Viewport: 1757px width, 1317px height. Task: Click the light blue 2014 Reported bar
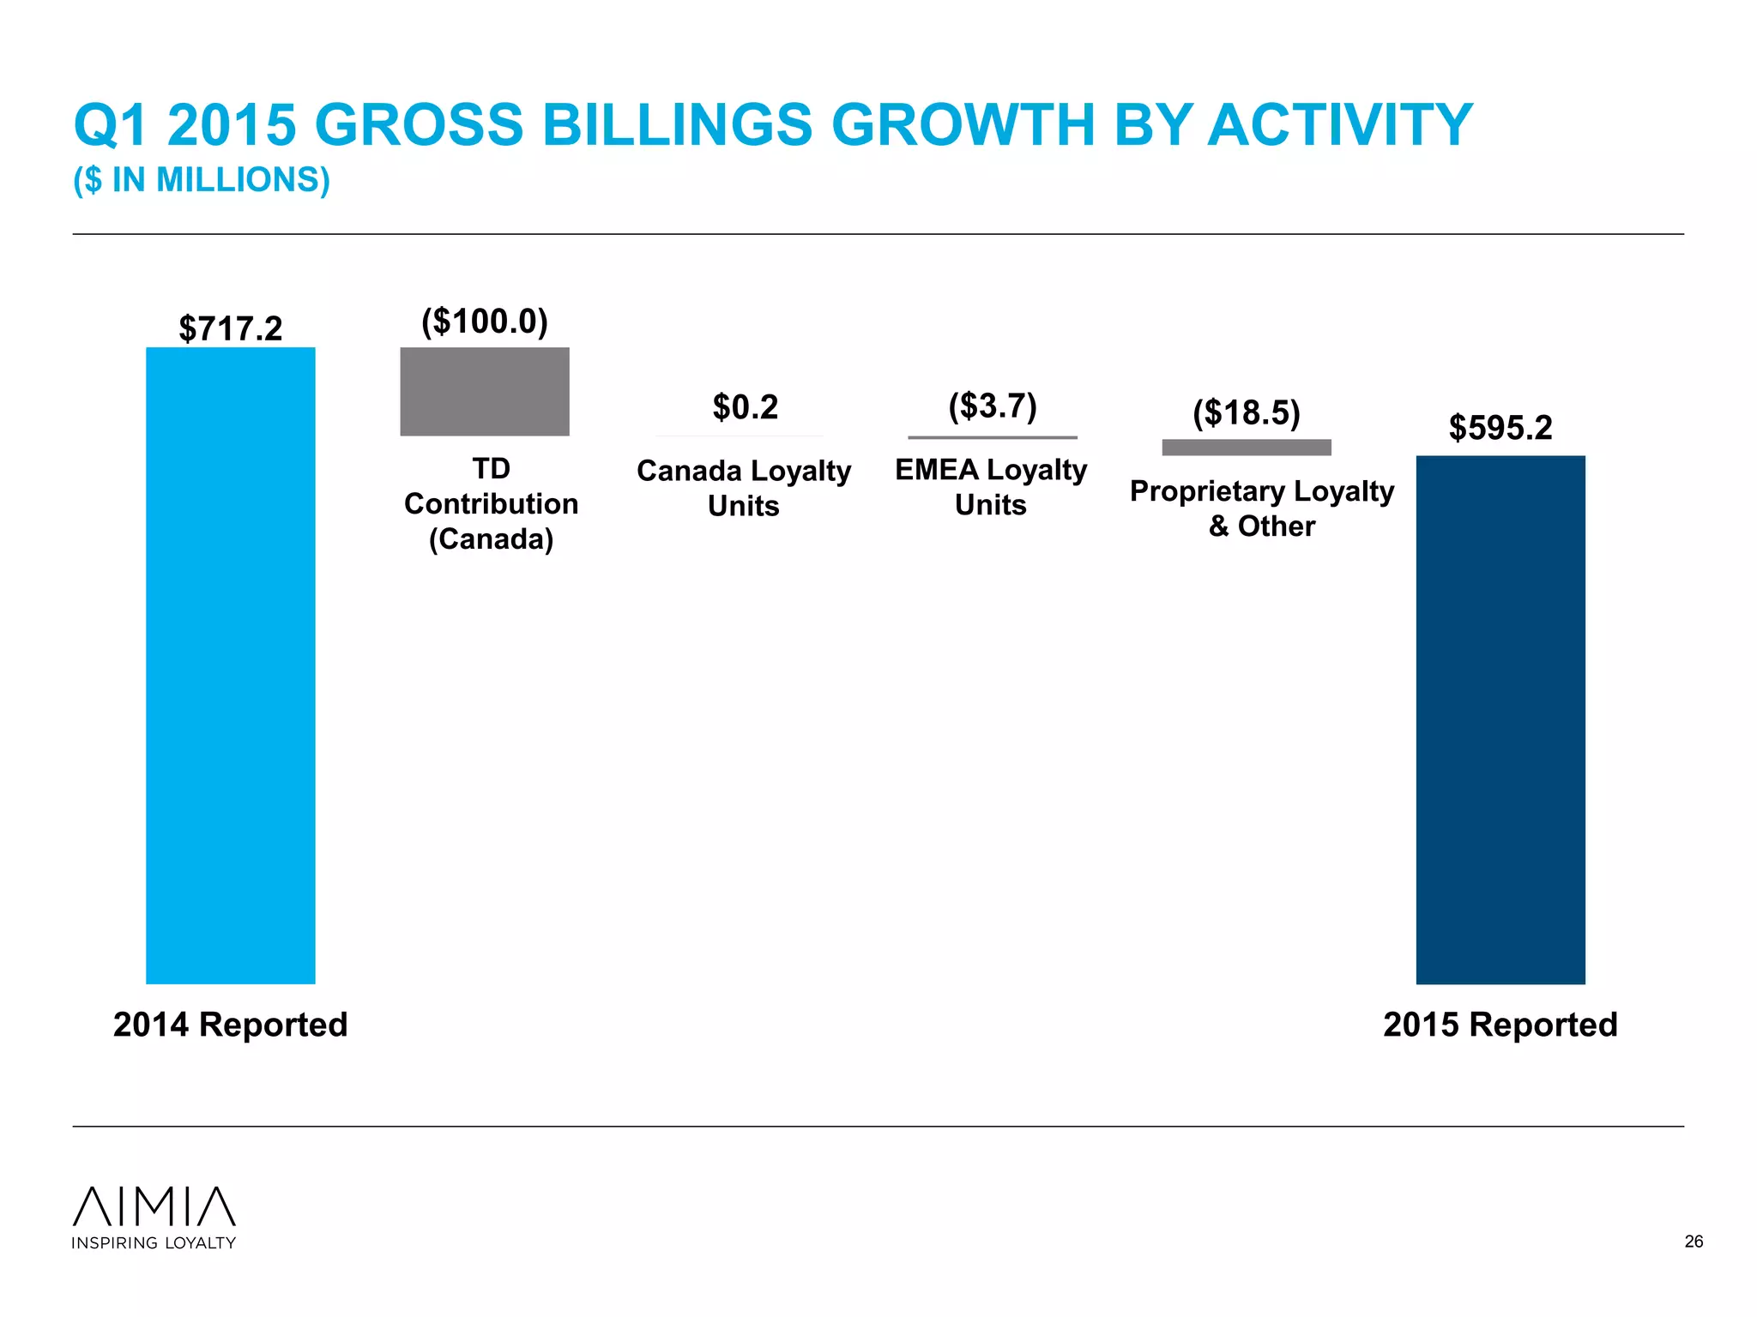pyautogui.click(x=230, y=665)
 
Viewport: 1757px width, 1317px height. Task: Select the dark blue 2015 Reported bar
pyautogui.click(x=1500, y=720)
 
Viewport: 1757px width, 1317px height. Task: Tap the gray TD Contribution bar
pyautogui.click(x=485, y=392)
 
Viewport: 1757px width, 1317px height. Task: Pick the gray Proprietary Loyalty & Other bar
pyautogui.click(x=1246, y=448)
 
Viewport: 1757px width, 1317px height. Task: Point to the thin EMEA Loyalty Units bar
pyautogui.click(x=993, y=437)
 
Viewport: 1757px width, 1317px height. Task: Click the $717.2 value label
pyautogui.click(x=230, y=328)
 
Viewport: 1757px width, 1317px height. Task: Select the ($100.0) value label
pyautogui.click(x=485, y=322)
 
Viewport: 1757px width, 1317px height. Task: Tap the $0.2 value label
pyautogui.click(x=745, y=406)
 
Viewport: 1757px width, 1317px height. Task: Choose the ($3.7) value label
pyautogui.click(x=993, y=406)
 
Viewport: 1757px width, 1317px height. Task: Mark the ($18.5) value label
pyautogui.click(x=1246, y=412)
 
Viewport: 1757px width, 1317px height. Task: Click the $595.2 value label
pyautogui.click(x=1500, y=427)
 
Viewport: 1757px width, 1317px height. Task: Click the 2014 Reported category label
pyautogui.click(x=230, y=1025)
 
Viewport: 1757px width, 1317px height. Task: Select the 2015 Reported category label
pyautogui.click(x=1500, y=1025)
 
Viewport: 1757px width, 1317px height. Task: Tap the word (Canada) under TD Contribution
pyautogui.click(x=491, y=539)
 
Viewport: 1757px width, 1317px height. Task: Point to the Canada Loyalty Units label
pyautogui.click(x=743, y=488)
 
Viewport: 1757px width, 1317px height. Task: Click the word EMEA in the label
pyautogui.click(x=936, y=470)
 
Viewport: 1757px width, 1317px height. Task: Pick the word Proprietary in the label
pyautogui.click(x=1207, y=491)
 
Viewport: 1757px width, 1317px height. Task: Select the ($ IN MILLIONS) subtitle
pyautogui.click(x=202, y=180)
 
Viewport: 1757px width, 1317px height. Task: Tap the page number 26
pyautogui.click(x=1694, y=1242)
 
